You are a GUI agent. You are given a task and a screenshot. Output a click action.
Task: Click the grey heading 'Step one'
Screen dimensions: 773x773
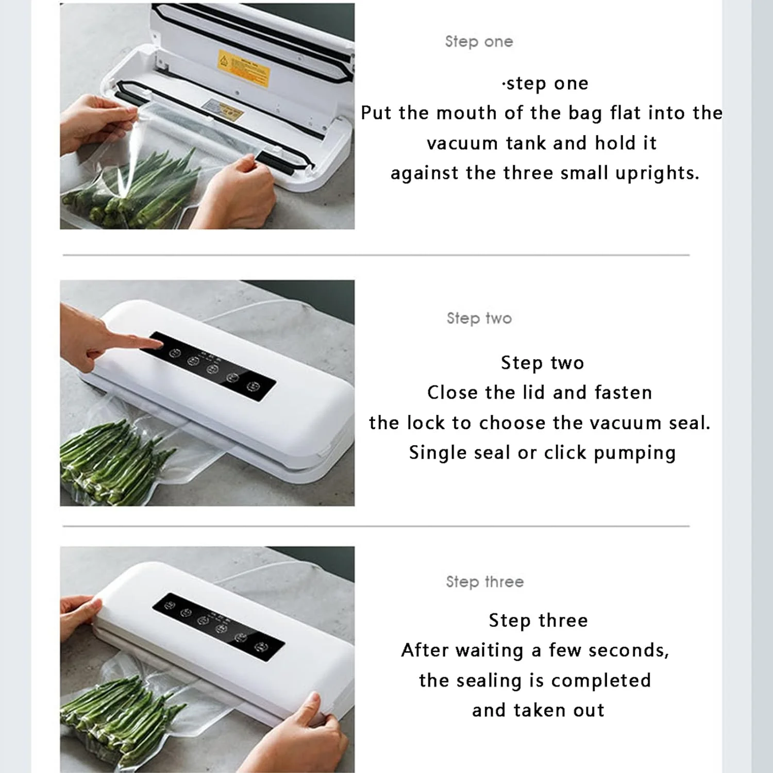[479, 41]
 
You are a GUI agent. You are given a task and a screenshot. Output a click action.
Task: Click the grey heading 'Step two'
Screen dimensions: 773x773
[479, 318]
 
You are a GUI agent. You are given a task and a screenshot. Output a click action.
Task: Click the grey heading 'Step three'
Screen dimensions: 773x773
[485, 582]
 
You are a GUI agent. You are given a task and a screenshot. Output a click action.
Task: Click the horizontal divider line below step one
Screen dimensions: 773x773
[376, 255]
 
